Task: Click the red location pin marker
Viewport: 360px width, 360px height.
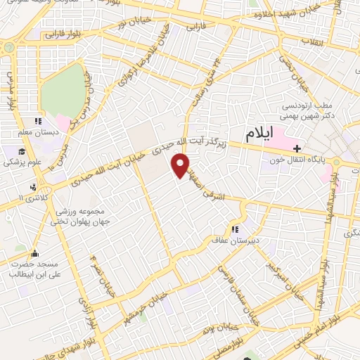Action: click(181, 165)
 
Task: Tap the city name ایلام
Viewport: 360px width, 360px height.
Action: click(260, 132)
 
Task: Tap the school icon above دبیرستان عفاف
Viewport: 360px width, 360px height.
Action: click(235, 229)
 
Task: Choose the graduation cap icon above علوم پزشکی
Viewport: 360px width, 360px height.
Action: click(22, 152)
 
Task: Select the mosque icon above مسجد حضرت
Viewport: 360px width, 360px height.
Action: click(36, 254)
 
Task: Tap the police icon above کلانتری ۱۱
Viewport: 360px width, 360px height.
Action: click(33, 188)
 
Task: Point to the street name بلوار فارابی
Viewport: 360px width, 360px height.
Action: click(63, 33)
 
